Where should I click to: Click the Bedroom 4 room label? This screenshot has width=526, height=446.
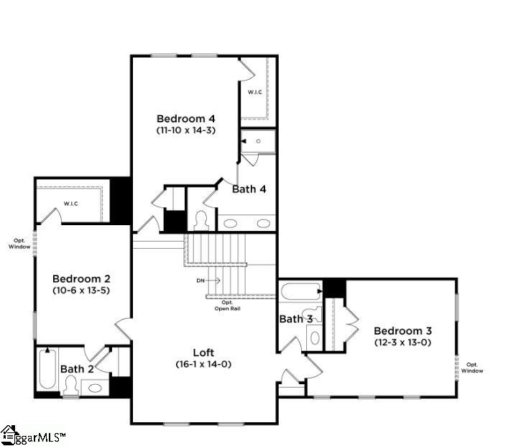pos(186,119)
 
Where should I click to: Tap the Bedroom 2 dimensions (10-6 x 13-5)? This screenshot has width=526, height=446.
pos(81,291)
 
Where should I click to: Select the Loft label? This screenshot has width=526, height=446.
pos(203,352)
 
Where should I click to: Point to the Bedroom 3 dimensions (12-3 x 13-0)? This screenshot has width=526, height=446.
pos(402,342)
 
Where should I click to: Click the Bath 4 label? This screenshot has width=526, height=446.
pos(249,189)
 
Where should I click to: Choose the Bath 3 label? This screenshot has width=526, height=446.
pos(296,319)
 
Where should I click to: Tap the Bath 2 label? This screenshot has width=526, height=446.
pos(77,369)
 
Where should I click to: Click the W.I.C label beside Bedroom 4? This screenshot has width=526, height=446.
pos(255,92)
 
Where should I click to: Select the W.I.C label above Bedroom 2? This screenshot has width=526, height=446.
pos(71,204)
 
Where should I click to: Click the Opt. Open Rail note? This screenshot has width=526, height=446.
pos(228,306)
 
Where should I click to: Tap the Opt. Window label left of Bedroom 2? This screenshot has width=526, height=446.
pos(19,243)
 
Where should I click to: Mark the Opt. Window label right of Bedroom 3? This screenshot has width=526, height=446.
pos(472,368)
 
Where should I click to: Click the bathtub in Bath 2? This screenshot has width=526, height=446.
pos(47,368)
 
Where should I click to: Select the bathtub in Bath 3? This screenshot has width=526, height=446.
pos(301,291)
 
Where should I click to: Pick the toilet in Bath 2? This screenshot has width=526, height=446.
pos(71,386)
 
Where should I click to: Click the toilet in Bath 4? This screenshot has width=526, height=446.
pos(201,221)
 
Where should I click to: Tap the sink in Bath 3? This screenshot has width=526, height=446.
pos(315,338)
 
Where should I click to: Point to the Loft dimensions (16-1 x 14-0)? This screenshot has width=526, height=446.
pos(203,365)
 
